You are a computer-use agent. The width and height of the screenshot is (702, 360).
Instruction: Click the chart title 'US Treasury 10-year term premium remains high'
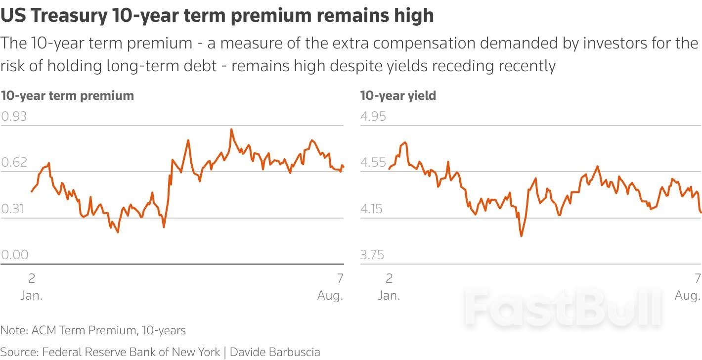217,16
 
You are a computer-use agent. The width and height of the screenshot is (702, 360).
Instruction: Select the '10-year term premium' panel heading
67,95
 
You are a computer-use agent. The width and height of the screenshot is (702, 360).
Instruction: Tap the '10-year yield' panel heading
398,95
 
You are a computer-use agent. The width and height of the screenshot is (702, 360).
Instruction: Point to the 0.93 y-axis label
14,117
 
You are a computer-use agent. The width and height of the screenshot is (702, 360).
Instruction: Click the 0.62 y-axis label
14,163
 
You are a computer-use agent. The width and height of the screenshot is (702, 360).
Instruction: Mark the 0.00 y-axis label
15,255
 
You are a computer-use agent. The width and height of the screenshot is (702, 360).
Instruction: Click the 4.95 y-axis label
373,117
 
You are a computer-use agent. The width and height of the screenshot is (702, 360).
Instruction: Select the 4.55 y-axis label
373,163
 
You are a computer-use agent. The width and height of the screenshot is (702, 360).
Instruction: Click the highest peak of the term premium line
231,130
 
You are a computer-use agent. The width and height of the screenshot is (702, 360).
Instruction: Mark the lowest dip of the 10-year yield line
521,236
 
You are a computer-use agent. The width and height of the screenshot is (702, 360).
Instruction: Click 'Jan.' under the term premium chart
32,296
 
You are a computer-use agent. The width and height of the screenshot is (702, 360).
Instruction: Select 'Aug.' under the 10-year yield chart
688,296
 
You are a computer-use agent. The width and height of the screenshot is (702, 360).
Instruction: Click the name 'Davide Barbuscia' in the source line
275,352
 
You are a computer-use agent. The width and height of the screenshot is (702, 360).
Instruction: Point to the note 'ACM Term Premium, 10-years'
108,330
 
